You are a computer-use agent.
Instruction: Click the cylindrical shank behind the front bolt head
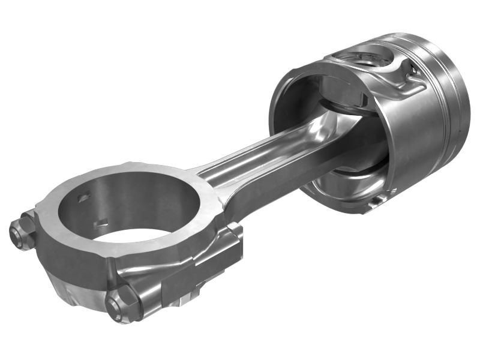pos(150,294)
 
